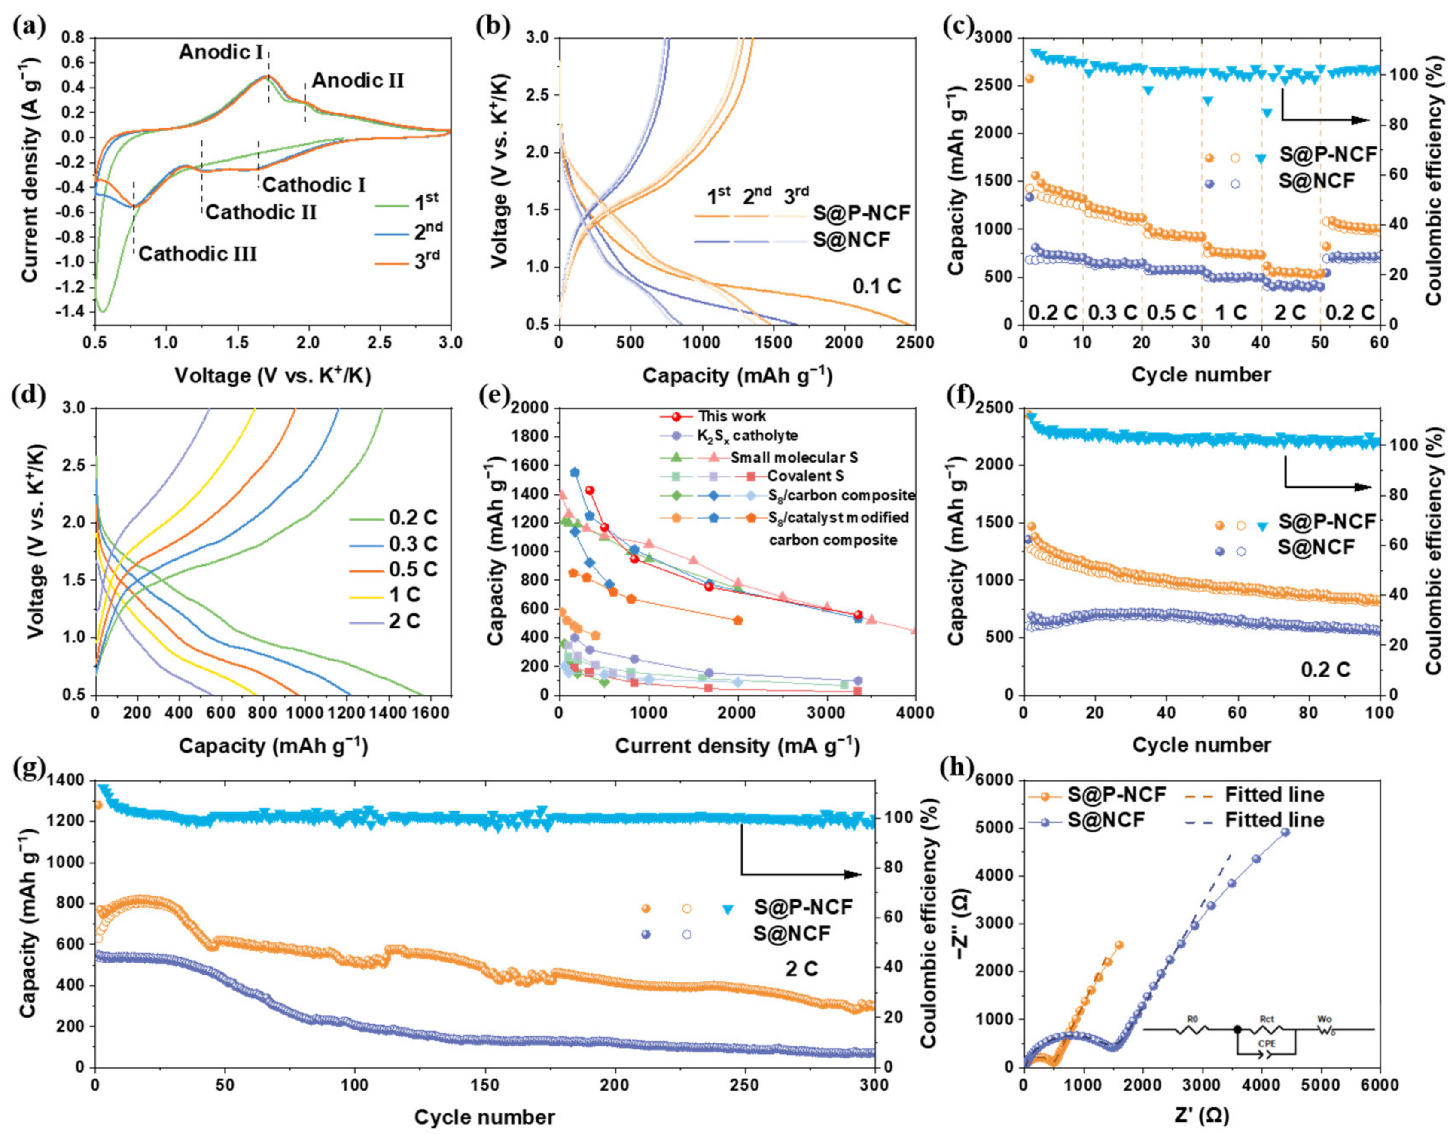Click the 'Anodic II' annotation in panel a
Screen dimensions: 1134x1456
358,81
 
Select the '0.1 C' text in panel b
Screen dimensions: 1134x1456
877,287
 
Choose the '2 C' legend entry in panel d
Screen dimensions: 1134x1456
404,621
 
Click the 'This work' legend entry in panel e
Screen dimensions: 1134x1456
731,416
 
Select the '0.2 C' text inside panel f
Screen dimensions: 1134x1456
1326,669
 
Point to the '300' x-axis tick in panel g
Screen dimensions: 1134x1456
874,1085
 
